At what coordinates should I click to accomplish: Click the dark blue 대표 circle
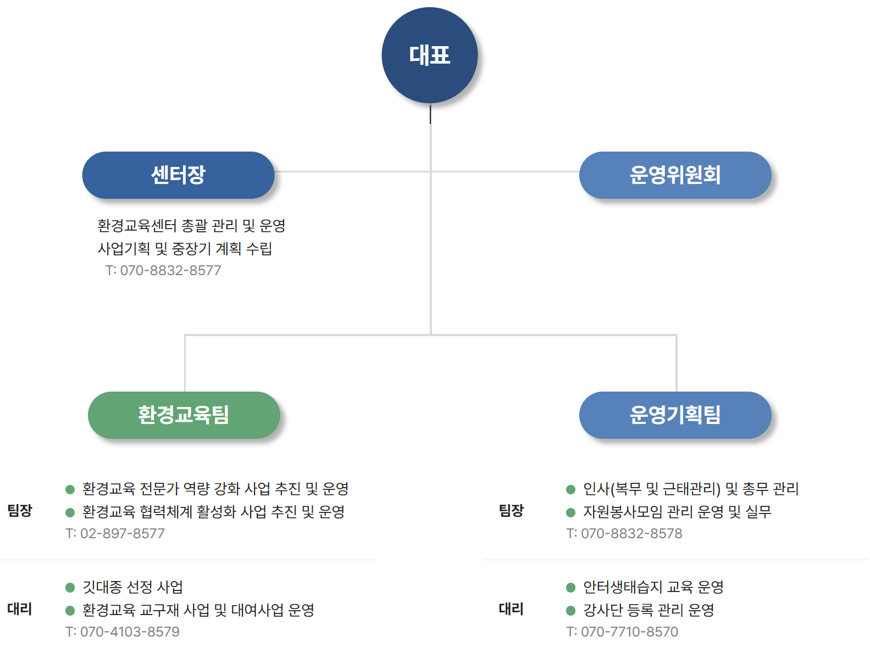tap(429, 55)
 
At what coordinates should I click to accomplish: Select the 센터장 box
tap(178, 175)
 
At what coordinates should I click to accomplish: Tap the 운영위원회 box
tap(675, 175)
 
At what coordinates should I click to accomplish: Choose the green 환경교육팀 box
tap(184, 415)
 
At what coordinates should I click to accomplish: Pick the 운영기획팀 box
tap(675, 415)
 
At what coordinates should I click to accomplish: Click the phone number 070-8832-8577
tap(164, 270)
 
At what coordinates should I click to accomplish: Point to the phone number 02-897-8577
tap(115, 533)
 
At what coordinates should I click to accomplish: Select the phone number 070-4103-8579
tap(123, 632)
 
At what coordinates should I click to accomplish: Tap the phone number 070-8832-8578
tap(624, 533)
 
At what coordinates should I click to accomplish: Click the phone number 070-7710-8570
tap(622, 632)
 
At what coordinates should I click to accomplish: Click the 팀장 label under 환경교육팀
tap(20, 511)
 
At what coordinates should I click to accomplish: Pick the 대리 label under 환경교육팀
tap(20, 609)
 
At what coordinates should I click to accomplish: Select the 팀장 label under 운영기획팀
tap(511, 511)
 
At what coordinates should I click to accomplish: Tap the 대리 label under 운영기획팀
tap(511, 609)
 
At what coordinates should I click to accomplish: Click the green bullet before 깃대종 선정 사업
tap(70, 588)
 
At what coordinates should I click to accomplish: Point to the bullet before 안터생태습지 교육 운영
tap(570, 588)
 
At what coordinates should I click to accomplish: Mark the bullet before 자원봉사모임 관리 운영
tap(570, 512)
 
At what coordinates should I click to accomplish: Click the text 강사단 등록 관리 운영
tap(649, 610)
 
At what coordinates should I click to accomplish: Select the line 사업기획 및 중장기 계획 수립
tap(185, 249)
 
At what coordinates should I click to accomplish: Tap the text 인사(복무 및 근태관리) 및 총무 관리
tap(691, 489)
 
